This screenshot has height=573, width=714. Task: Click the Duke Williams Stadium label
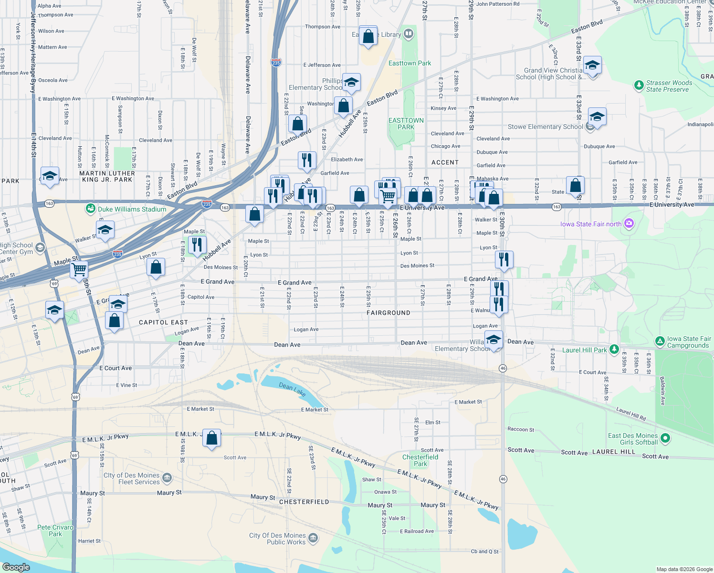[x=132, y=209]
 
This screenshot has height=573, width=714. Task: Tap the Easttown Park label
[x=409, y=63]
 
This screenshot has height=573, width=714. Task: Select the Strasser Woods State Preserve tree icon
[x=639, y=85]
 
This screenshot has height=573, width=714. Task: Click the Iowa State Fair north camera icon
[x=629, y=223]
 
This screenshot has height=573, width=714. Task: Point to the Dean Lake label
[x=292, y=389]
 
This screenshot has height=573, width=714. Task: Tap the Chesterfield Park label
[x=420, y=460]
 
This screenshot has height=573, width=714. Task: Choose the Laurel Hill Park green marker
[x=614, y=350]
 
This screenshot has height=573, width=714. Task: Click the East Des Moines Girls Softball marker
[x=665, y=438]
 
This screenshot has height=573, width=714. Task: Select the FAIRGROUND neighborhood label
[x=388, y=313]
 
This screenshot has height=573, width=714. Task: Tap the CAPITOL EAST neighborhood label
[x=163, y=322]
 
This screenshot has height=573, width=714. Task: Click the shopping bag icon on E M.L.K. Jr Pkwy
[x=211, y=438]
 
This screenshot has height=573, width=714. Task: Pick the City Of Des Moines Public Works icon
[x=313, y=539]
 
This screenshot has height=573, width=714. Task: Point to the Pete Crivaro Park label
[x=55, y=531]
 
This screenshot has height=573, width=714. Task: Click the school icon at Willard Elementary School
[x=493, y=340]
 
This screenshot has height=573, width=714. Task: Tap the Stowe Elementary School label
[x=545, y=127]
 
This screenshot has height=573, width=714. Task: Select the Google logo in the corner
[x=16, y=567]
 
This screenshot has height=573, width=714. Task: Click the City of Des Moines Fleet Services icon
[x=167, y=478]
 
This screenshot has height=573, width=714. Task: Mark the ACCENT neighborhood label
[x=445, y=162]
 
